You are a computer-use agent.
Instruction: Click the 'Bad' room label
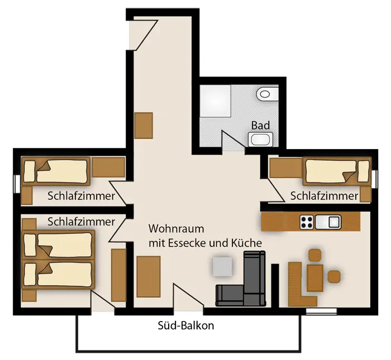pyautogui.click(x=260, y=126)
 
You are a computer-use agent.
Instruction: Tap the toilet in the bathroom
pyautogui.click(x=267, y=94)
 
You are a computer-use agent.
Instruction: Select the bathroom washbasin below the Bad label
pyautogui.click(x=260, y=140)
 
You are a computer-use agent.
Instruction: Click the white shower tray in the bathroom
pyautogui.click(x=216, y=101)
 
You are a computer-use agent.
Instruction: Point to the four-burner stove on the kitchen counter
pyautogui.click(x=307, y=222)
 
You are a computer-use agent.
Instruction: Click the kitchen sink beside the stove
pyautogui.click(x=328, y=222)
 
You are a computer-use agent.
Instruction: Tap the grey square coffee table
pyautogui.click(x=222, y=266)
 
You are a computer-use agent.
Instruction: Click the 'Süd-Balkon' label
pyautogui.click(x=186, y=325)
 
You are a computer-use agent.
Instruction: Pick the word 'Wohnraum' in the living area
pyautogui.click(x=176, y=229)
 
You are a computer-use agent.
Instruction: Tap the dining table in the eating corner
pyautogui.click(x=315, y=278)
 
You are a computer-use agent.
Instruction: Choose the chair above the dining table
pyautogui.click(x=314, y=256)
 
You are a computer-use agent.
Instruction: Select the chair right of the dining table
pyautogui.click(x=334, y=276)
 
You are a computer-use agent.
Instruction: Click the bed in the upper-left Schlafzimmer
pyautogui.click(x=56, y=171)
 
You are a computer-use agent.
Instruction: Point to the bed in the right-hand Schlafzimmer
pyautogui.click(x=337, y=171)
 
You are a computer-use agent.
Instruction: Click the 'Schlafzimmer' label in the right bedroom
pyautogui.click(x=324, y=196)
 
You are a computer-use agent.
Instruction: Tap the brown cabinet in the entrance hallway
pyautogui.click(x=144, y=126)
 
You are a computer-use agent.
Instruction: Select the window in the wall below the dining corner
pyautogui.click(x=321, y=311)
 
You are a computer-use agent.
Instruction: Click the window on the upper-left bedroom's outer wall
pyautogui.click(x=17, y=184)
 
